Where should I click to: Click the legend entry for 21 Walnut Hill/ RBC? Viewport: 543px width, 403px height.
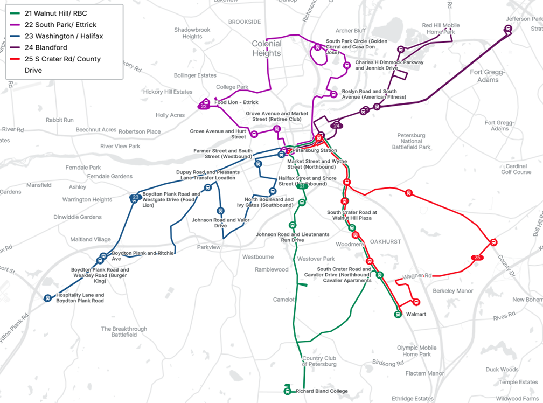point(56,13)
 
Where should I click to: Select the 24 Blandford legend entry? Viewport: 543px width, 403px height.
point(46,47)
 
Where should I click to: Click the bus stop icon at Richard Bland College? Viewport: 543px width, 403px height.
point(288,391)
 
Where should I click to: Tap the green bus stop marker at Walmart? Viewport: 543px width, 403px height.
point(398,314)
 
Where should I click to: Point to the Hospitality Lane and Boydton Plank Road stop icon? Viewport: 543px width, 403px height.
point(48,298)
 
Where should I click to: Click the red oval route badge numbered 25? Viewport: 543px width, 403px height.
point(477,258)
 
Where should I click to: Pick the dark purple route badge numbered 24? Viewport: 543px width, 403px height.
point(337,126)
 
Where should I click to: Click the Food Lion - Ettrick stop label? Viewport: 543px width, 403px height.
point(236,102)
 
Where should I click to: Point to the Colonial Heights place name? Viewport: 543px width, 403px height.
point(267,48)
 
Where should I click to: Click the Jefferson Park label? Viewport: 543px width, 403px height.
point(525,19)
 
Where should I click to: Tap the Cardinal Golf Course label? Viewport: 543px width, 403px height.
point(516,169)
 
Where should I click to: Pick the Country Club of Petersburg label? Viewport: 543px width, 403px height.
point(319,361)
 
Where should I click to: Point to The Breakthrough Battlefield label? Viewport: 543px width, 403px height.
point(124,332)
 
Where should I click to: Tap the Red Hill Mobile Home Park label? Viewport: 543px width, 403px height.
point(441,29)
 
